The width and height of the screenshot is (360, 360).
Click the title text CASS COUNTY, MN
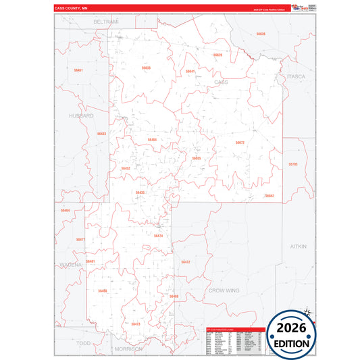click(72, 9)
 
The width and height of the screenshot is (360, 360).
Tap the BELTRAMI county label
click(106, 22)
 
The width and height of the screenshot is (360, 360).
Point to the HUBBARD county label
click(81, 115)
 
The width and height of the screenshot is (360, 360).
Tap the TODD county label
click(83, 343)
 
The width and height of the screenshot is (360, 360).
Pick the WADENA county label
click(70, 265)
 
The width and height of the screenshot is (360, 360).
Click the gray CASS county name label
click(221, 82)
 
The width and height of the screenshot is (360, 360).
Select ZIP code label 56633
click(146, 68)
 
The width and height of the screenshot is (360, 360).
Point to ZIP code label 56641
click(190, 71)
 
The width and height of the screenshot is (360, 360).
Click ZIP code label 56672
click(240, 143)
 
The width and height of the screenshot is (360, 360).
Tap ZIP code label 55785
click(292, 164)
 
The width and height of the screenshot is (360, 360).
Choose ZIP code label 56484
click(152, 140)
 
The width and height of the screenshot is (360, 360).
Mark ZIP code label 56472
click(186, 261)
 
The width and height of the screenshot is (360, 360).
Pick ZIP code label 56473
click(136, 324)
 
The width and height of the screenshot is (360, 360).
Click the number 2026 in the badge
click(292, 328)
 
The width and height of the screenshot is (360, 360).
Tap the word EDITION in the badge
click(292, 343)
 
